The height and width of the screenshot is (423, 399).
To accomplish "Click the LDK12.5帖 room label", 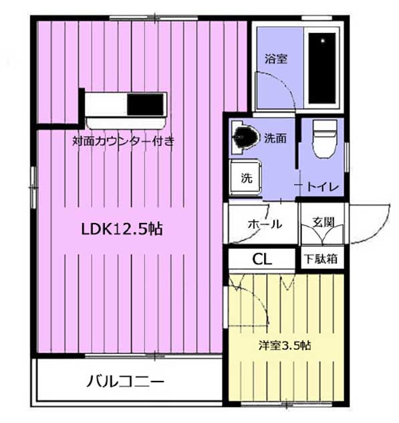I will click(122, 229).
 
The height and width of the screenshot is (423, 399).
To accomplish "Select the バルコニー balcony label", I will click(125, 382).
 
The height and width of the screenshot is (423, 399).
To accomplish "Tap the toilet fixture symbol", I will click(323, 139).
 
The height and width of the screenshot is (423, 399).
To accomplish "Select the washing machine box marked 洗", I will click(245, 179).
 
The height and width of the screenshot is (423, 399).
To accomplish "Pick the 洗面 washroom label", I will click(275, 139).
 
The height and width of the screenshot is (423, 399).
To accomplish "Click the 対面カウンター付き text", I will click(124, 141).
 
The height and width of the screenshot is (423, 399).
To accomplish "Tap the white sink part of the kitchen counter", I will click(106, 105).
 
